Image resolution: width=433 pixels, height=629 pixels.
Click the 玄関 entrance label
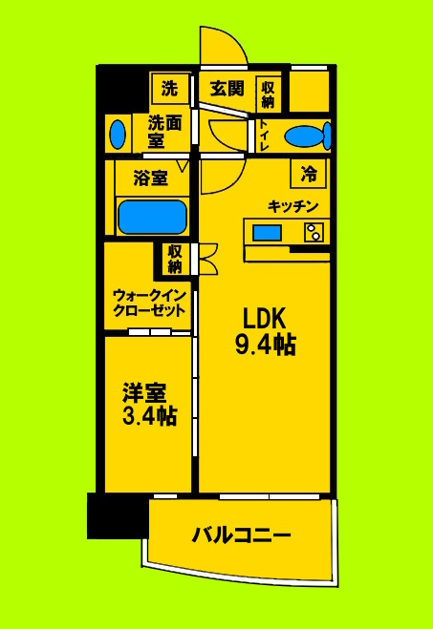pos(227,90)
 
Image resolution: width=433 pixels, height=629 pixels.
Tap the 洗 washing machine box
pos(169,90)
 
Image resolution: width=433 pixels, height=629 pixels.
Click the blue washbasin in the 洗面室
pos(118,134)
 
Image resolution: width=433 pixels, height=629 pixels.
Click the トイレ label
pos(264,135)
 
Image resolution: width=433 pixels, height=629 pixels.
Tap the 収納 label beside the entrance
pos(269,93)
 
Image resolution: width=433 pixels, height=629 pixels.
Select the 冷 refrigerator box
pos(309,174)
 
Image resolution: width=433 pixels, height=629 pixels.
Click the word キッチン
pos(292,206)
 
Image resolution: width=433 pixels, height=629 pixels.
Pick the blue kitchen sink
pos(267,233)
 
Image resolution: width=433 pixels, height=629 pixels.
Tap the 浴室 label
pos(151,177)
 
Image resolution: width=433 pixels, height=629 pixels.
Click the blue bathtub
pos(151,217)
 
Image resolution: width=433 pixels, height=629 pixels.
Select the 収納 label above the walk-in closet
pos(174,258)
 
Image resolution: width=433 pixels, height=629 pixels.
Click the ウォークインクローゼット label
pos(147,303)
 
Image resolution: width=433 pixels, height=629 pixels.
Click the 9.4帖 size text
pos(265,346)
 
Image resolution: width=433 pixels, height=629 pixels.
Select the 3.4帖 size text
pos(148,416)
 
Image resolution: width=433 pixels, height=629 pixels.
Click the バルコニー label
pos(241,535)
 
